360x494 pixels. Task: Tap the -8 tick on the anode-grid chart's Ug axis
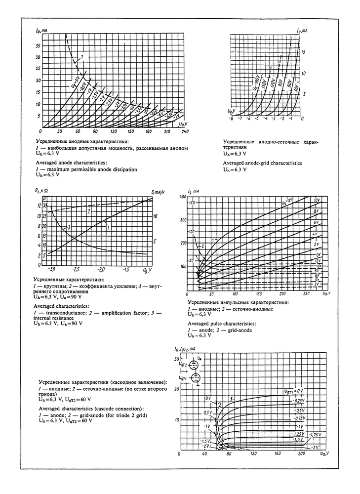point(231,119)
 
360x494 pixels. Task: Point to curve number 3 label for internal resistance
point(70,227)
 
